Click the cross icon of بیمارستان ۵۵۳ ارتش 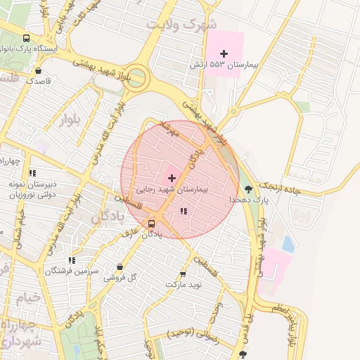(224, 53)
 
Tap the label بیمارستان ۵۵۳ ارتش (224, 65)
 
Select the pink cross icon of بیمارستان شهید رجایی (172, 179)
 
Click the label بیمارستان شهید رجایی (172, 190)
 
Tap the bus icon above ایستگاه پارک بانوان (26, 39)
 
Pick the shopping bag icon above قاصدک (37, 70)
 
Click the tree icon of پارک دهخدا (247, 188)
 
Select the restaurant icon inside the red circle (184, 211)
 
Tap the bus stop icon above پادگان (151, 224)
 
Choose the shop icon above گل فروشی (120, 267)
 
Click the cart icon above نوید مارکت (183, 274)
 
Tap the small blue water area (288, 243)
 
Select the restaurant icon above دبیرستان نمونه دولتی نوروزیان (32, 173)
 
